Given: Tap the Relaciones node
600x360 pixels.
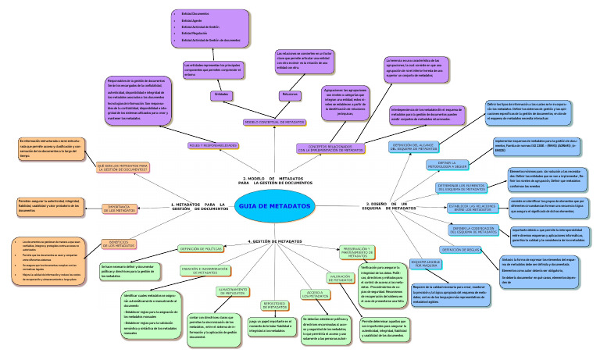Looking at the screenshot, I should [x=290, y=94].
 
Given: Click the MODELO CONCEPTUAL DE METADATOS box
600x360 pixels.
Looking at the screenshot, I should [x=273, y=123].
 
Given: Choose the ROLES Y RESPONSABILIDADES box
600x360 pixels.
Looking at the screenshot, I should [x=212, y=146].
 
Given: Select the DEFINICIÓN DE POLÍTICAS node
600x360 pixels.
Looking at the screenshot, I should [x=201, y=249].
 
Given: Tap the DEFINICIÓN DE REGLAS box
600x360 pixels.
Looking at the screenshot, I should [x=460, y=249].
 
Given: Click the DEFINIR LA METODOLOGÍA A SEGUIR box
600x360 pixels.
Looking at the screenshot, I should [x=447, y=187].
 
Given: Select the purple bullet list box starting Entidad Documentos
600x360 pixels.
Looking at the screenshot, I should [x=209, y=27].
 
